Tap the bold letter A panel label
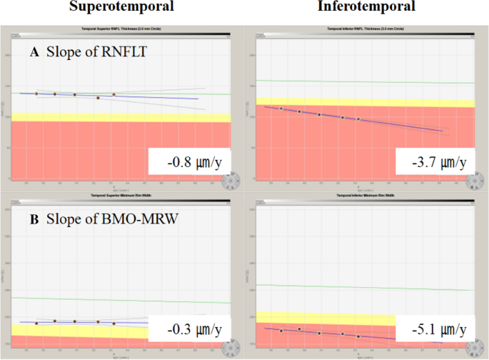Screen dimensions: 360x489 pos(33,52)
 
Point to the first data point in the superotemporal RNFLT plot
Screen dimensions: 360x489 pos(36,94)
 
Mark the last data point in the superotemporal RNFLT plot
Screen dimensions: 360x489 pos(114,94)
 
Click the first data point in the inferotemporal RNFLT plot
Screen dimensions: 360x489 pos(281,109)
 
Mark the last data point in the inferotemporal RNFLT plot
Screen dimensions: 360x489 pos(358,119)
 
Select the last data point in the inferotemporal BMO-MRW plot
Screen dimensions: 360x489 pos(358,336)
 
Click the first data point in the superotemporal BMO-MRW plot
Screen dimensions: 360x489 pos(36,323)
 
